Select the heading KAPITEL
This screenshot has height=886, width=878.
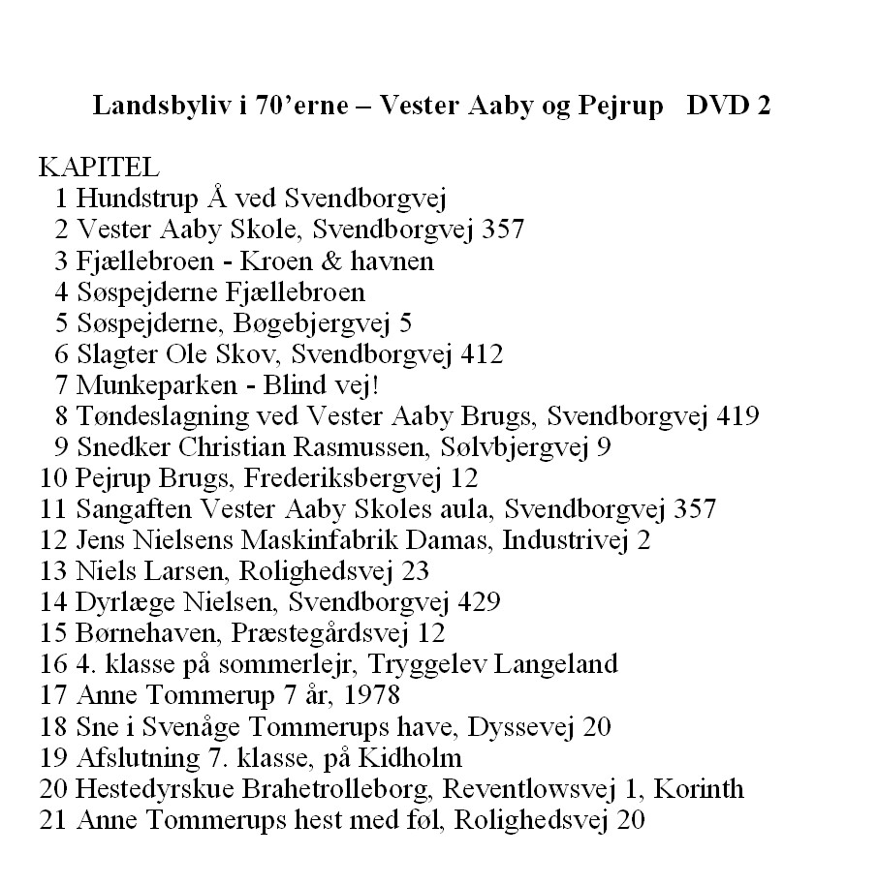92,168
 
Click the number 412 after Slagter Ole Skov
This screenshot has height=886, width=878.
482,354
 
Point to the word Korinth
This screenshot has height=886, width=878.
699,788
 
